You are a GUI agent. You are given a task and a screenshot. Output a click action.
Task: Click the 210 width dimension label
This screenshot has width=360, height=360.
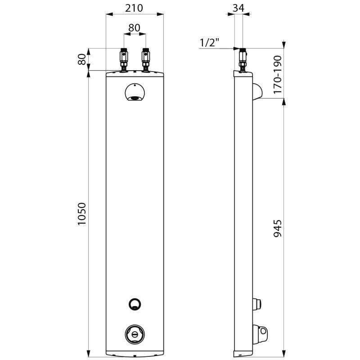click(x=134, y=8)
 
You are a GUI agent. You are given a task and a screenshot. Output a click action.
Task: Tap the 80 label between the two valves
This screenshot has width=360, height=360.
click(x=134, y=28)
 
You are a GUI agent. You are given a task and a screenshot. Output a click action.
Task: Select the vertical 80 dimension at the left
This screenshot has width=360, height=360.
click(x=82, y=59)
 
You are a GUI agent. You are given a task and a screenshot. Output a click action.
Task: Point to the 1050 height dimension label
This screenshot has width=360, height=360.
click(x=82, y=214)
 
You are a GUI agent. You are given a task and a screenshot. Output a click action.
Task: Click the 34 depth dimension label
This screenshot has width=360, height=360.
click(x=238, y=8)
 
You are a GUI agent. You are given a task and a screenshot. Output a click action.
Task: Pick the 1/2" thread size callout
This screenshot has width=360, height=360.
click(x=210, y=42)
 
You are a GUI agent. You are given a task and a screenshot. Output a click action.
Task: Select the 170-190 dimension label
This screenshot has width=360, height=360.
click(x=278, y=74)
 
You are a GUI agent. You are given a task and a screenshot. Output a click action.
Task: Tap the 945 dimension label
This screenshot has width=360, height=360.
click(x=278, y=229)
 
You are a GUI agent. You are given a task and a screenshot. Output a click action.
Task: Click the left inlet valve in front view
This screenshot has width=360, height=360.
click(x=124, y=60)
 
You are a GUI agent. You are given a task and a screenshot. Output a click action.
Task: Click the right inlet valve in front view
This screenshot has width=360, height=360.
click(x=145, y=60)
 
